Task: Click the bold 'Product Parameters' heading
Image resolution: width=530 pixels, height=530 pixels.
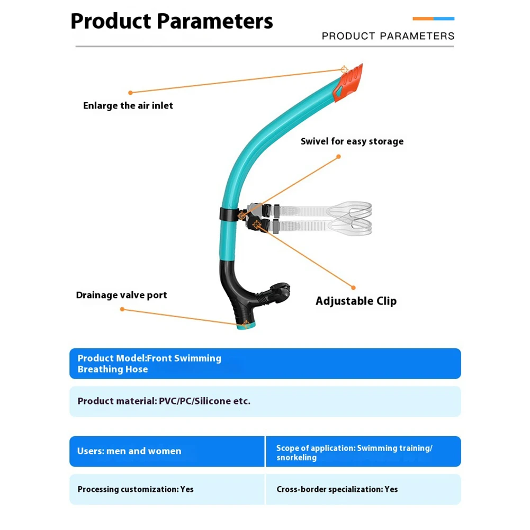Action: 172,22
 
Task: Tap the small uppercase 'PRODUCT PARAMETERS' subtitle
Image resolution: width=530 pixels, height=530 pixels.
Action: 388,36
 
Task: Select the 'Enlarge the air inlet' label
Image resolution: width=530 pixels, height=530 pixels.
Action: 128,105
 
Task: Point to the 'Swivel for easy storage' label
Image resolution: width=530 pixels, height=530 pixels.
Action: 352,141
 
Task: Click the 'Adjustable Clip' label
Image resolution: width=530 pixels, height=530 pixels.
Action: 356,301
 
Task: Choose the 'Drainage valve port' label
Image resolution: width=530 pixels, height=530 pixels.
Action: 121,295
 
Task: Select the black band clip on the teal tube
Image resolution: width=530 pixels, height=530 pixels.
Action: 226,213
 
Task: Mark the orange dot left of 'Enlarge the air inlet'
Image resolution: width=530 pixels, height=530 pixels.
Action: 130,93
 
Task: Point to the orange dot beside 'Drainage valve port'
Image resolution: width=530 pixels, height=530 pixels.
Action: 122,309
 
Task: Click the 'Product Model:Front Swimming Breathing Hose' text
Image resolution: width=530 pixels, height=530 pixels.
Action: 149,364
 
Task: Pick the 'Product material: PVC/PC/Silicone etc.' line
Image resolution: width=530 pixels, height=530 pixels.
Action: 164,401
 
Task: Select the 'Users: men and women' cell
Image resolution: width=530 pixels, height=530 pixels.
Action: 129,451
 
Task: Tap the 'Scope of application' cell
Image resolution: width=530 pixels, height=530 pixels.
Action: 354,452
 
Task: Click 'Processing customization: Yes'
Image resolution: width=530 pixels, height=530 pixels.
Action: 136,489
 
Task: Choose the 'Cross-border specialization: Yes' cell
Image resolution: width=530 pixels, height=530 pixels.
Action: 337,489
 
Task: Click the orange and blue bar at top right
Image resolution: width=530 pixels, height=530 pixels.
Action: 433,19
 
